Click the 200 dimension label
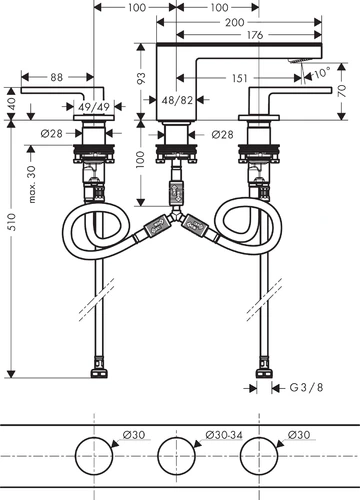coord(235,23)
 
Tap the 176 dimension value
coord(255,35)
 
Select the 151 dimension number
coord(240,78)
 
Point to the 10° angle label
coord(322,73)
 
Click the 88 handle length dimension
coord(56,77)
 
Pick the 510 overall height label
coord(12,222)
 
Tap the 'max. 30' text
coord(32,184)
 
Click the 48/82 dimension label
coord(177,100)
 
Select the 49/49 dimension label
coord(94,107)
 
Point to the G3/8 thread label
coord(306,388)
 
